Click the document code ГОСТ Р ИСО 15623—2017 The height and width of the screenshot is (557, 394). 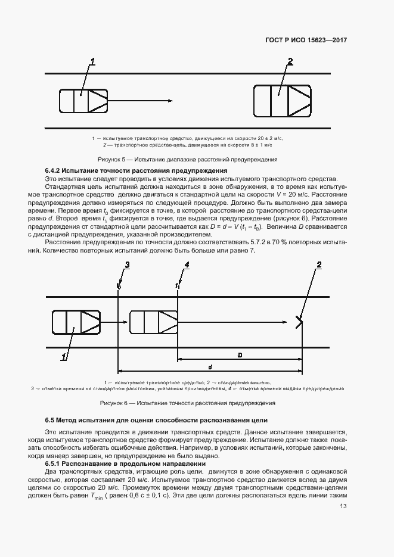306,41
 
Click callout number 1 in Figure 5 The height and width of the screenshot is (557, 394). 92,61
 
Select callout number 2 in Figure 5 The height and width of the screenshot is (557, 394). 290,61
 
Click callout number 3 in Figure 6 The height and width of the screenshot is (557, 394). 126,265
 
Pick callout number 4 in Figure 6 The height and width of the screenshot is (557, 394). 187,265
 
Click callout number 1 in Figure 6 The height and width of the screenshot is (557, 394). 63,357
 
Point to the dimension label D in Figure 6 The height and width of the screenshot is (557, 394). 239,355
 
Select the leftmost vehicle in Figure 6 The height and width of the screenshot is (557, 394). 76,322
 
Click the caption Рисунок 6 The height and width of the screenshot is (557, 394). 188,403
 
